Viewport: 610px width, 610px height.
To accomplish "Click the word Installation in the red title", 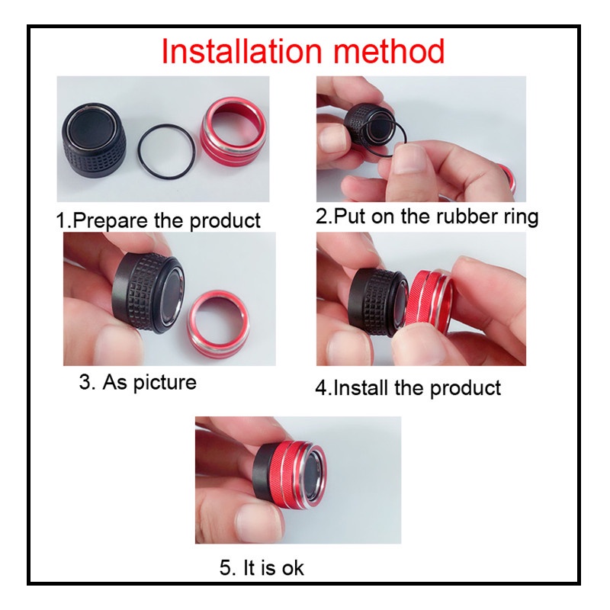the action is point(242,51).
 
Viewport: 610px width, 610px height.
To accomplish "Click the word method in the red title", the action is point(389,51).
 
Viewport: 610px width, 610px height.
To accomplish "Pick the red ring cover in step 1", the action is point(233,132).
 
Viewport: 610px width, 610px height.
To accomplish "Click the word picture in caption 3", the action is point(165,383).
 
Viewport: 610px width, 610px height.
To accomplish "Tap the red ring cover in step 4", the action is point(429,300).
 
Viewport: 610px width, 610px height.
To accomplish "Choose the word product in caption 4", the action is point(465,389).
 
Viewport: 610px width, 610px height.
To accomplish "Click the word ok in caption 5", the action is point(293,567).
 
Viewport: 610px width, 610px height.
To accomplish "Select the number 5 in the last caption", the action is point(226,567).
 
